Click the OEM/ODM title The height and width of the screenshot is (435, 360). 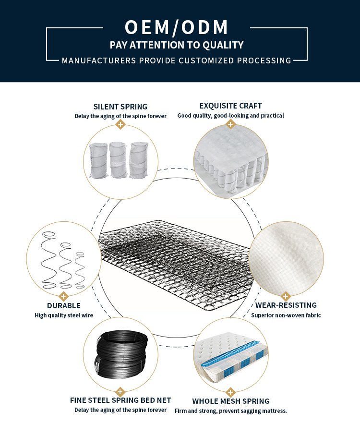[177, 27]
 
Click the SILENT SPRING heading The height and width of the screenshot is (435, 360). [120, 107]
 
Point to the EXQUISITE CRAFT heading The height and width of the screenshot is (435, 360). [230, 106]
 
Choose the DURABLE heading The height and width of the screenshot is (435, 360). [63, 305]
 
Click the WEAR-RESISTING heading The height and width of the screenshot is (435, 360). [286, 305]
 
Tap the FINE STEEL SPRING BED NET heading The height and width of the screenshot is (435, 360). [120, 400]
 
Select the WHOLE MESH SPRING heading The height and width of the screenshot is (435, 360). [231, 401]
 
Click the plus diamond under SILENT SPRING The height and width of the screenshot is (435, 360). [120, 125]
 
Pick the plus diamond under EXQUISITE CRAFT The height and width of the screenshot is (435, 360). [230, 125]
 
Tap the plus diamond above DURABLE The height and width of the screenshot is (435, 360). [63, 296]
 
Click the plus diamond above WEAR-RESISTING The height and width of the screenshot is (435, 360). [286, 296]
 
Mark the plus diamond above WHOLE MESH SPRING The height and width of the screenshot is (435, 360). [231, 391]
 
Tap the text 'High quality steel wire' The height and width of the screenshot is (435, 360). [64, 315]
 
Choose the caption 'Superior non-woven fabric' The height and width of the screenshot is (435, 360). [286, 315]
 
